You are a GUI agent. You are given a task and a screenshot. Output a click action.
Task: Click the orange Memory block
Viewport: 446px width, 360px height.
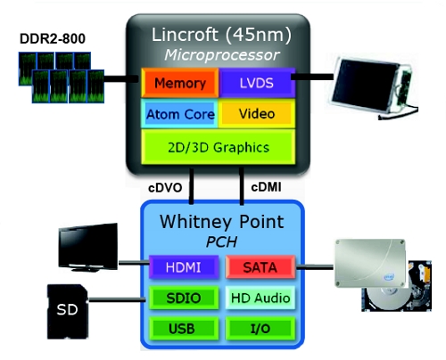point(180,83)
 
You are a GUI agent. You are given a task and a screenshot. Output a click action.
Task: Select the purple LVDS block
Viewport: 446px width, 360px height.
point(257,83)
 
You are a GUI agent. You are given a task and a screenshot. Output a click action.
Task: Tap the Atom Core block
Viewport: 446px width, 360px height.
point(179,114)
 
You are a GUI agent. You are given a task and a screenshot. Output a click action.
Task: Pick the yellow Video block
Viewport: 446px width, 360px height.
point(257,114)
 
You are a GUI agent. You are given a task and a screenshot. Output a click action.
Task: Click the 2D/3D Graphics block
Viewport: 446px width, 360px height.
point(219,147)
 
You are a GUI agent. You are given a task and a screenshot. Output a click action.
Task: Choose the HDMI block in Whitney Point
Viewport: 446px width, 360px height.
point(184,267)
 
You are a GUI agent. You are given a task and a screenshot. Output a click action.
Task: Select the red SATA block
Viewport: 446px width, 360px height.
point(260,267)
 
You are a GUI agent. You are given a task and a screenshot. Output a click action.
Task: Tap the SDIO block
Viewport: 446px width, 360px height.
point(184,298)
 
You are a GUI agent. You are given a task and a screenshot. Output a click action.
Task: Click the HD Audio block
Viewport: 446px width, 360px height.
point(260,298)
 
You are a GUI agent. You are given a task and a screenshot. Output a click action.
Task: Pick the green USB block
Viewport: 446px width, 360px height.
point(184,329)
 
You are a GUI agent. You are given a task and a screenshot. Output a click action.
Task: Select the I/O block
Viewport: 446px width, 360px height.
point(260,329)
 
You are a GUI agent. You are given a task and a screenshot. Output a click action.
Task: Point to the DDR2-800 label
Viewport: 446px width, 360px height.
point(53,38)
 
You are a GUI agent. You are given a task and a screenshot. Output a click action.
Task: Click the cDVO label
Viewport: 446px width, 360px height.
point(165,188)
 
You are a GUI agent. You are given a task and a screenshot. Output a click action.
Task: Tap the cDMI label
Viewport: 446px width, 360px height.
point(266,187)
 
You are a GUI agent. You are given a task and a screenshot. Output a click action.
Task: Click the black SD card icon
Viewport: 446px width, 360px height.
point(68,312)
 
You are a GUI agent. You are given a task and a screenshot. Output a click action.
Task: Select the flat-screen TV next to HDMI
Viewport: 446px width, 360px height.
point(88,247)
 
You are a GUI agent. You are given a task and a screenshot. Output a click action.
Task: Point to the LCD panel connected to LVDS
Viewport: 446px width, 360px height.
point(373,87)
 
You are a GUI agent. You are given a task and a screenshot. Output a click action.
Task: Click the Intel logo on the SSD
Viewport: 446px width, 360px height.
point(389,277)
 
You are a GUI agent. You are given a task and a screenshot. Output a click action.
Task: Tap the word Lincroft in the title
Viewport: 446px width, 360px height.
point(185,35)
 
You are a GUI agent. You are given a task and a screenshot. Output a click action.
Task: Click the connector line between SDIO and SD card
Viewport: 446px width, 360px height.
point(118,300)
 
